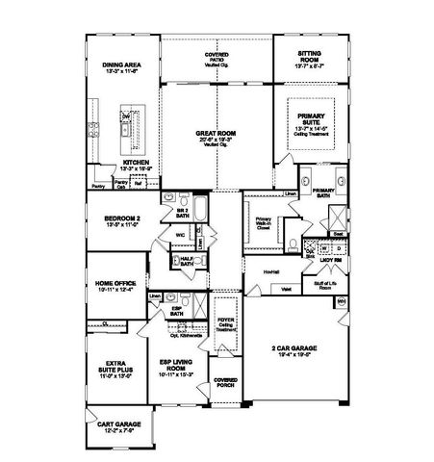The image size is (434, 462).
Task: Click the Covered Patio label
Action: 217,58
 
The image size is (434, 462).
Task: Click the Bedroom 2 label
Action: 122,220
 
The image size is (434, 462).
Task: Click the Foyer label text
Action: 225,325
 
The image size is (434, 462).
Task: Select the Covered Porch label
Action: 225,382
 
